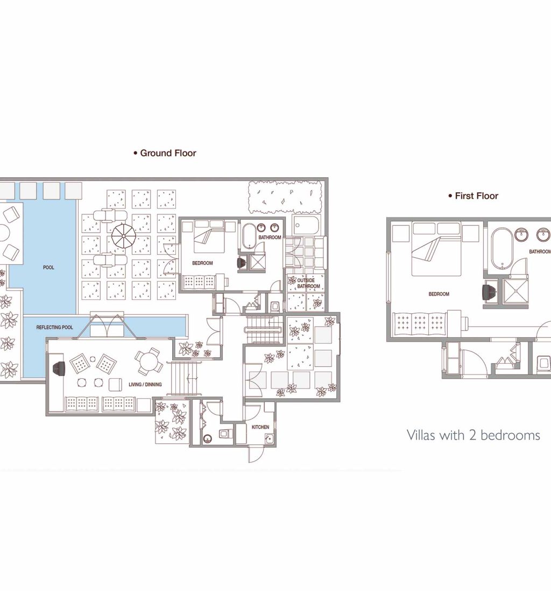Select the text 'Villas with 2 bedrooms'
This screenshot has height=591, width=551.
474,435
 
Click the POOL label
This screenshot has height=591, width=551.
48,267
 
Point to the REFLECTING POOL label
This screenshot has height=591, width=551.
55,327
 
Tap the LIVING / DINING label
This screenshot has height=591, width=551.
145,385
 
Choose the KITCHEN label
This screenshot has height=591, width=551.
260,427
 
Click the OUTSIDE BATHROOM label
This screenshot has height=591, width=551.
308,283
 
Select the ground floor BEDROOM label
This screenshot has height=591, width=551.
203,263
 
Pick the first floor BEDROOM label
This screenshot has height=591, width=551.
439,294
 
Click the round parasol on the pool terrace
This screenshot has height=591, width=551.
123,236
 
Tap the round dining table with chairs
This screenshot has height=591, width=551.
150,362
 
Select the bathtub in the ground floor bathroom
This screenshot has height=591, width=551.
249,236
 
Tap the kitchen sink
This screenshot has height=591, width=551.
269,438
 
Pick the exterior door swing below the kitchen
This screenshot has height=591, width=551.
254,455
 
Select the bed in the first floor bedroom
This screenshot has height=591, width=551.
436,249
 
